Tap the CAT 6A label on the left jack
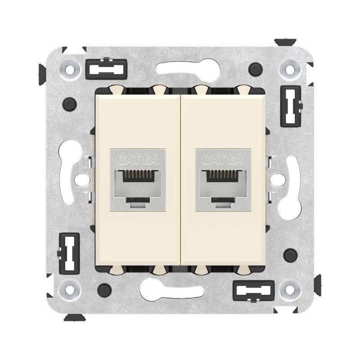pos(137,160)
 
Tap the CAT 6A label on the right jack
pos(223,160)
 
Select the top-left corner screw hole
pos(70,69)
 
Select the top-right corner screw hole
pos(290,70)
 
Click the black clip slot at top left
pos(106,69)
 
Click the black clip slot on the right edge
pos(291,106)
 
